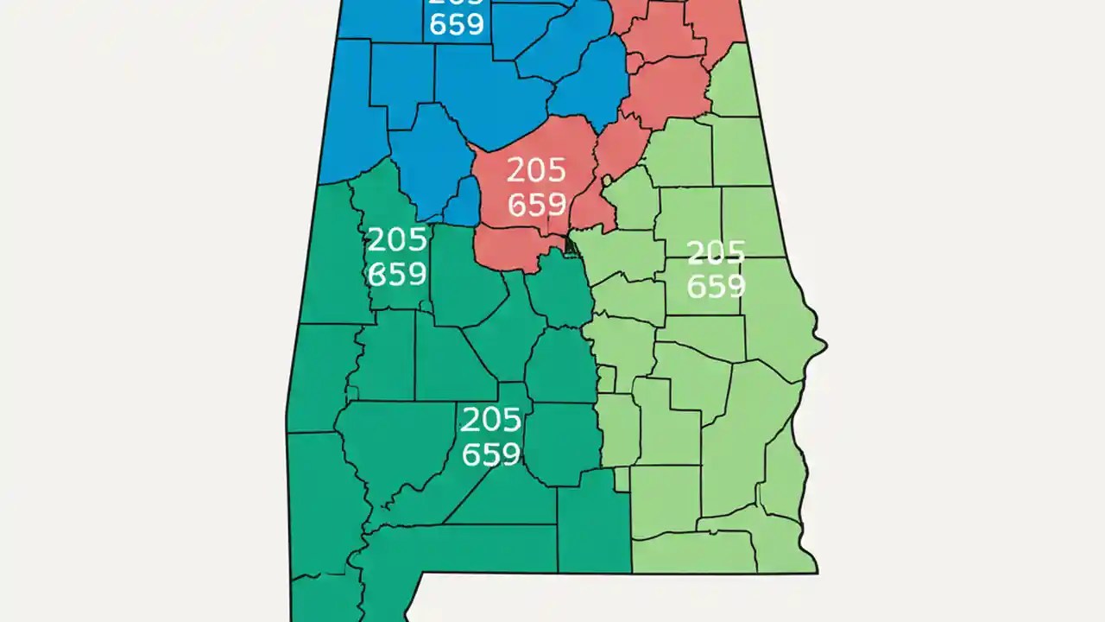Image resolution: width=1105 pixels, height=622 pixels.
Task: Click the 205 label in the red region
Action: click(x=536, y=170)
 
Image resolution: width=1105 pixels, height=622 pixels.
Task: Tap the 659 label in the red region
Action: click(x=536, y=205)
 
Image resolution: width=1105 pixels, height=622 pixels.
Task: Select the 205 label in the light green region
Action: click(x=715, y=252)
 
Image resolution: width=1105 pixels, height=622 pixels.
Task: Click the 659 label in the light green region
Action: click(x=715, y=286)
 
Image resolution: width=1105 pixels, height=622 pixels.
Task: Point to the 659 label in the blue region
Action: click(x=457, y=24)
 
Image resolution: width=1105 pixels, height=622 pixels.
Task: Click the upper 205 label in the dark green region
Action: click(x=396, y=239)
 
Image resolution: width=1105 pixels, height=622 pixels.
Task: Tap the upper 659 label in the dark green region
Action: click(x=396, y=274)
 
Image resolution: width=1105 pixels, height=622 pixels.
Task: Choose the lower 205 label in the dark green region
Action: click(x=490, y=420)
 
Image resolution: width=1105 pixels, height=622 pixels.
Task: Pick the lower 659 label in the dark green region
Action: click(x=490, y=454)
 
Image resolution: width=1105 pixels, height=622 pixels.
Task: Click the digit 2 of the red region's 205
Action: click(x=516, y=170)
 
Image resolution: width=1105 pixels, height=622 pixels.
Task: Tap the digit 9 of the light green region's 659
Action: click(x=735, y=286)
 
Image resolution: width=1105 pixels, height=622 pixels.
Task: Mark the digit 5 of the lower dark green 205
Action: click(x=511, y=420)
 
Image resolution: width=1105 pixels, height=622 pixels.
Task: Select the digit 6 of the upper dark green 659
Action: click(x=376, y=274)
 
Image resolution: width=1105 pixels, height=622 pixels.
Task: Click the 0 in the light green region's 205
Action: click(x=716, y=252)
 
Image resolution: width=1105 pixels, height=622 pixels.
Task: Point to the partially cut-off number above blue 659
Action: click(x=457, y=3)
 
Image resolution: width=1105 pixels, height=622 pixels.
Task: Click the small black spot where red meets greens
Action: click(x=569, y=245)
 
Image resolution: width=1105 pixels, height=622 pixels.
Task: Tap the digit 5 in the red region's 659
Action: click(x=537, y=205)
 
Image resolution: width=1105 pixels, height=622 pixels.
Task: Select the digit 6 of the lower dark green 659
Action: click(x=470, y=454)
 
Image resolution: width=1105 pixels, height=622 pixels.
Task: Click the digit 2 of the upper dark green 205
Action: click(x=376, y=239)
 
